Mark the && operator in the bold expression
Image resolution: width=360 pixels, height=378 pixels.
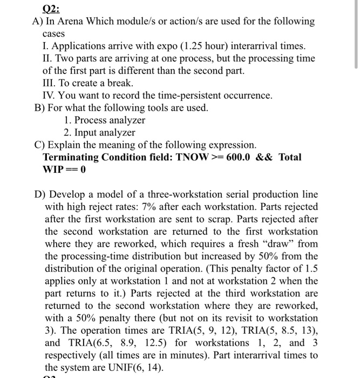click(264, 157)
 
